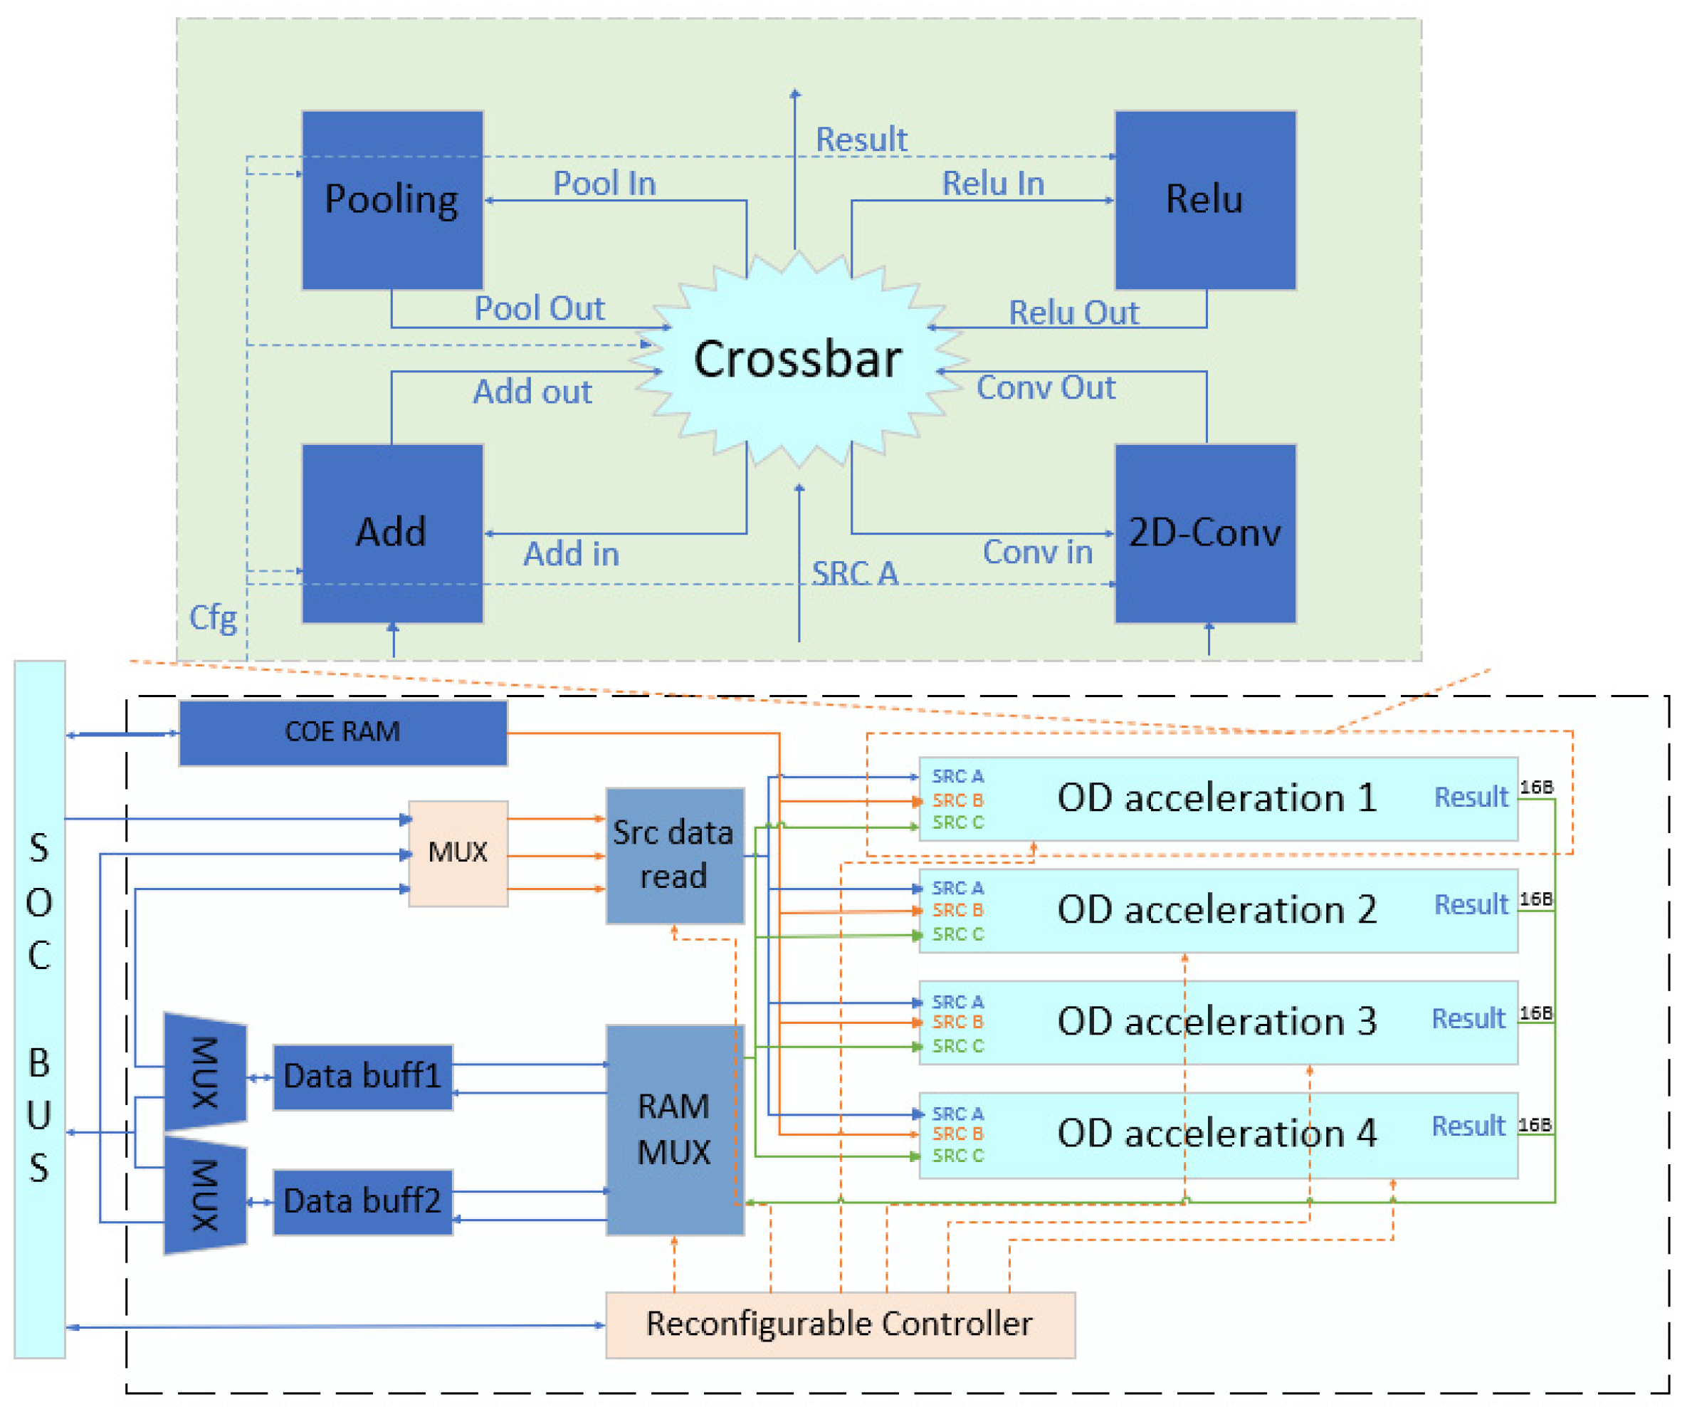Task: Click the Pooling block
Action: coord(393,200)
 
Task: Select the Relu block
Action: coord(1206,200)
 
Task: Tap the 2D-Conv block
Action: coord(1206,533)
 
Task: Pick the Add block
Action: coord(393,533)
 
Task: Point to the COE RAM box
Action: coord(343,733)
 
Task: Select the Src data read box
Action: coord(675,856)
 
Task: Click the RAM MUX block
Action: coord(675,1130)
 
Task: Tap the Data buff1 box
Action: coord(363,1077)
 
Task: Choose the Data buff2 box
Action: coord(363,1202)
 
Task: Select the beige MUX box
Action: coord(458,854)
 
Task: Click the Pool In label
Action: coord(605,183)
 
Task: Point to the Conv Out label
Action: coord(1046,387)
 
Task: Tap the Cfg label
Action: coord(213,618)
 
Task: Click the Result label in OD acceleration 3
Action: coord(1468,1019)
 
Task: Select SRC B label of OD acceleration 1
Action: coord(957,800)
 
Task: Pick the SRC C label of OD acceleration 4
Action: coord(957,1156)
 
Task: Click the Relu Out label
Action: coord(1074,313)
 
